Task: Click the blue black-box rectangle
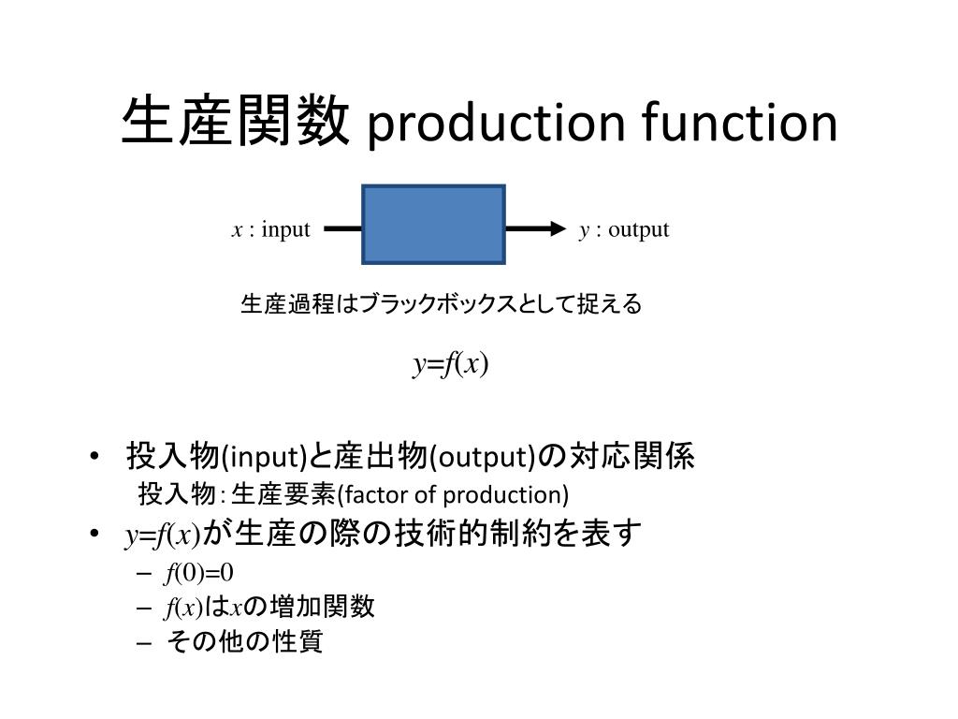(434, 225)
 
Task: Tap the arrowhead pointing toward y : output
(559, 228)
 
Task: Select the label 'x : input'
(270, 229)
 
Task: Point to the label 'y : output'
(624, 229)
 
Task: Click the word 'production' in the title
(495, 125)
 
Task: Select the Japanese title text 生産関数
(236, 123)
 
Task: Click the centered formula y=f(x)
(452, 364)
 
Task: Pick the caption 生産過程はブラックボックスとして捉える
(441, 304)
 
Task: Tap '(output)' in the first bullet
(483, 458)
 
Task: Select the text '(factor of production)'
(453, 494)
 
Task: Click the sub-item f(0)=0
(199, 571)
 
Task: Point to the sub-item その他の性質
(244, 642)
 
